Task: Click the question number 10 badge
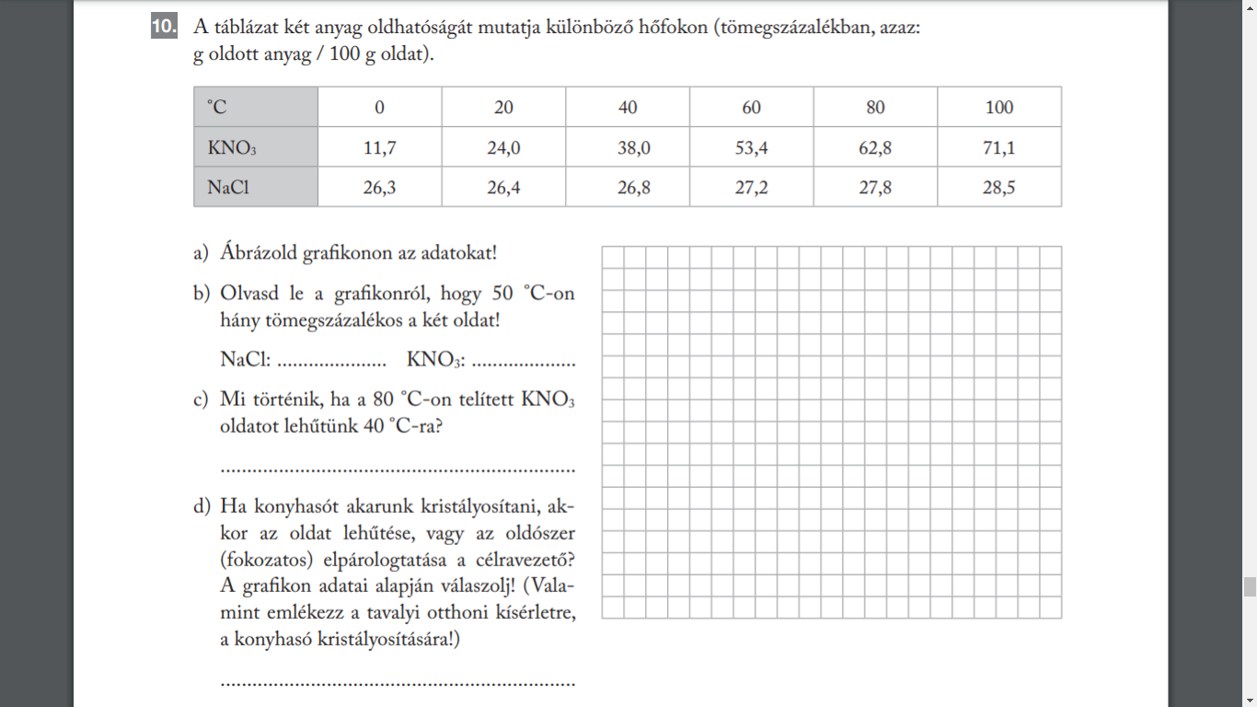163,28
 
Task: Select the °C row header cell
255,107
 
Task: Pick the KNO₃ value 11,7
379,147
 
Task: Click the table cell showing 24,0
503,147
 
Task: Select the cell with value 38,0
628,147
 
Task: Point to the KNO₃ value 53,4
751,147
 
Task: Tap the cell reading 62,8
875,147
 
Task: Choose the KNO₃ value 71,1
998,147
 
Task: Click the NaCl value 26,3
379,188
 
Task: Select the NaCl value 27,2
751,188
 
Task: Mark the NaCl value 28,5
998,188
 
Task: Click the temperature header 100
998,108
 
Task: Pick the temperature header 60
751,108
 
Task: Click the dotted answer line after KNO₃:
523,362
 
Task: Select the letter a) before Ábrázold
201,252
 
